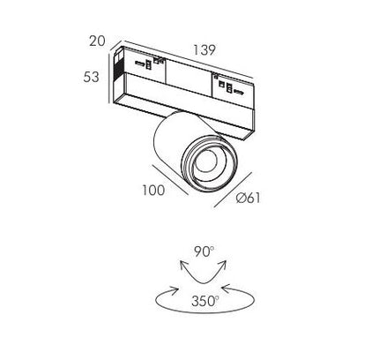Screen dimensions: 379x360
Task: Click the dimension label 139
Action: (204, 50)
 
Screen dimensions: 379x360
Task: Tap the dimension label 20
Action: (97, 41)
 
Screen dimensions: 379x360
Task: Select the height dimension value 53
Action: (91, 77)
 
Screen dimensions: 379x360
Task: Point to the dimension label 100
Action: (153, 191)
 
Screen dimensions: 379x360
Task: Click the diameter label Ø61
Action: (249, 198)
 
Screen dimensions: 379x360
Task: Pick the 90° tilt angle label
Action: (204, 251)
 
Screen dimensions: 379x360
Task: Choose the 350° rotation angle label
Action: (205, 301)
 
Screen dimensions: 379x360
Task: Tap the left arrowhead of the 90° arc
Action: (183, 265)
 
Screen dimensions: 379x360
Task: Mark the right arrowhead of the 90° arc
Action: (223, 265)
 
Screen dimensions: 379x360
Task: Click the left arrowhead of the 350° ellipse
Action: (175, 290)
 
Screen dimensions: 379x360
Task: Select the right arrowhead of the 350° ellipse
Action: (226, 289)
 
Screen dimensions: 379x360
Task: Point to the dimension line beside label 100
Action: (170, 180)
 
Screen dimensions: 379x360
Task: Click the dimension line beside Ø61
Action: (233, 190)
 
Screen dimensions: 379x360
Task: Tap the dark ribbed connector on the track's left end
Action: (118, 67)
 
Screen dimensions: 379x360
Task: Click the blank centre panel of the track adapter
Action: (189, 78)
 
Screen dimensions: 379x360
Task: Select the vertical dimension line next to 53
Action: (109, 79)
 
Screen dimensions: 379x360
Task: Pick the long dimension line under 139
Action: (189, 59)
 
